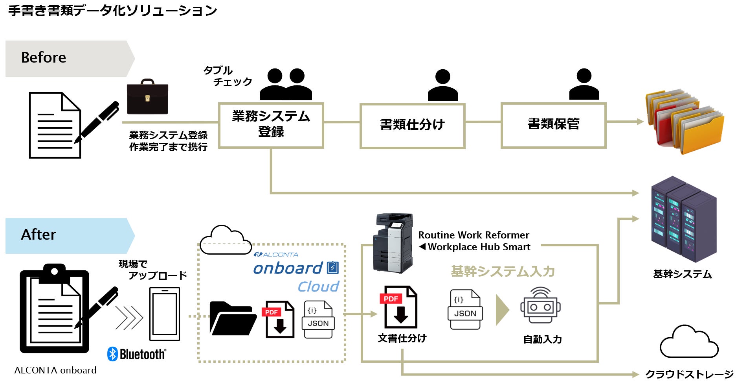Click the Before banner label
point(44,58)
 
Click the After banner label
point(39,235)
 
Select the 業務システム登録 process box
point(271,125)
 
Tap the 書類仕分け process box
point(412,126)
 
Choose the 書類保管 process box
point(553,125)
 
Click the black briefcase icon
point(147,97)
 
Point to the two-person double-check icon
point(286,84)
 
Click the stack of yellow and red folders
point(684,121)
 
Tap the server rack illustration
point(684,220)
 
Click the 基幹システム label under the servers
point(683,274)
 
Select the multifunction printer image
point(393,243)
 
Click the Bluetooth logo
point(136,354)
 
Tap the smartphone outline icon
point(165,314)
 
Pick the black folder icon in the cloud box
point(233,318)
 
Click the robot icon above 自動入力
point(541,305)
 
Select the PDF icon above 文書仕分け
point(398,307)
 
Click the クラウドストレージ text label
point(689,374)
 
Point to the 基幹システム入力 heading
point(503,272)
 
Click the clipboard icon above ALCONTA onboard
point(55,309)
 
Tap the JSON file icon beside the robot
point(465,310)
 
